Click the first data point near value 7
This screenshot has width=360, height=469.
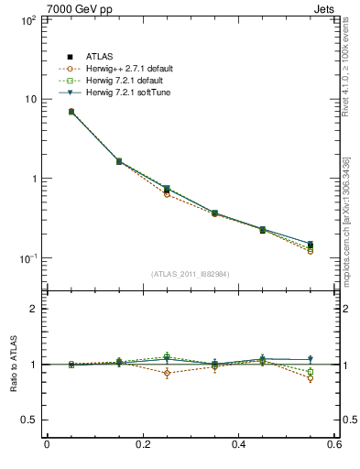pos(71,112)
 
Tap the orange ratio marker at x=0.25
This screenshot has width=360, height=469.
pos(167,373)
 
